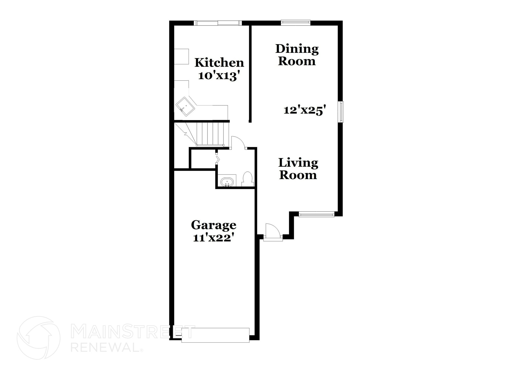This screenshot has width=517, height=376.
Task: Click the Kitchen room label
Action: click(219, 63)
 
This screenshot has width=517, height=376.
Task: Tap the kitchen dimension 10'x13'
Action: click(219, 76)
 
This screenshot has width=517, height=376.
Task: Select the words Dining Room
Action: click(297, 55)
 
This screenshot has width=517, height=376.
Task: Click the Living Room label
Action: click(298, 169)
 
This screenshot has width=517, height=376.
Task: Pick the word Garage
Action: click(214, 225)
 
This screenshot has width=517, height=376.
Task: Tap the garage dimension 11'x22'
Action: click(212, 238)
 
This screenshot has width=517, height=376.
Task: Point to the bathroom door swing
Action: click(238, 143)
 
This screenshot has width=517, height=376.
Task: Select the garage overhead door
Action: click(215, 335)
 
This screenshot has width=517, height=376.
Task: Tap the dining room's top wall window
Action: click(296, 23)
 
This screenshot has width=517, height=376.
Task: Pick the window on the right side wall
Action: click(341, 112)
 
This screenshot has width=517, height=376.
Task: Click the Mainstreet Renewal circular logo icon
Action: click(39, 338)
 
